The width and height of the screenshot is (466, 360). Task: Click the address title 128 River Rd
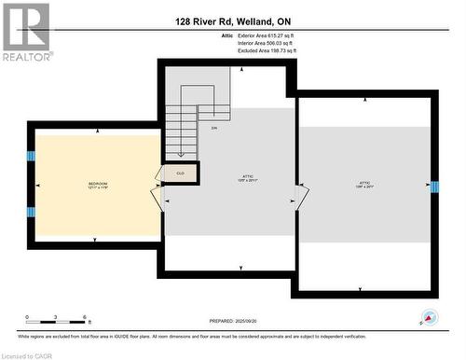click(233, 21)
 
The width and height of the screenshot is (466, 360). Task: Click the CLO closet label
click(181, 173)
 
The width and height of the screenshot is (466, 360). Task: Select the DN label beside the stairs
click(213, 128)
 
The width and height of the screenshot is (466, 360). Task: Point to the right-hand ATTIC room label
click(364, 184)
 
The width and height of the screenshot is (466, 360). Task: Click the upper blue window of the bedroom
click(31, 156)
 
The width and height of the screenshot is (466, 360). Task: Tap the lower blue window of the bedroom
click(31, 212)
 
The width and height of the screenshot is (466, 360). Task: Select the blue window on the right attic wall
click(433, 187)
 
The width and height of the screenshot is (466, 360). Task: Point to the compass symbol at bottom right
click(430, 317)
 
